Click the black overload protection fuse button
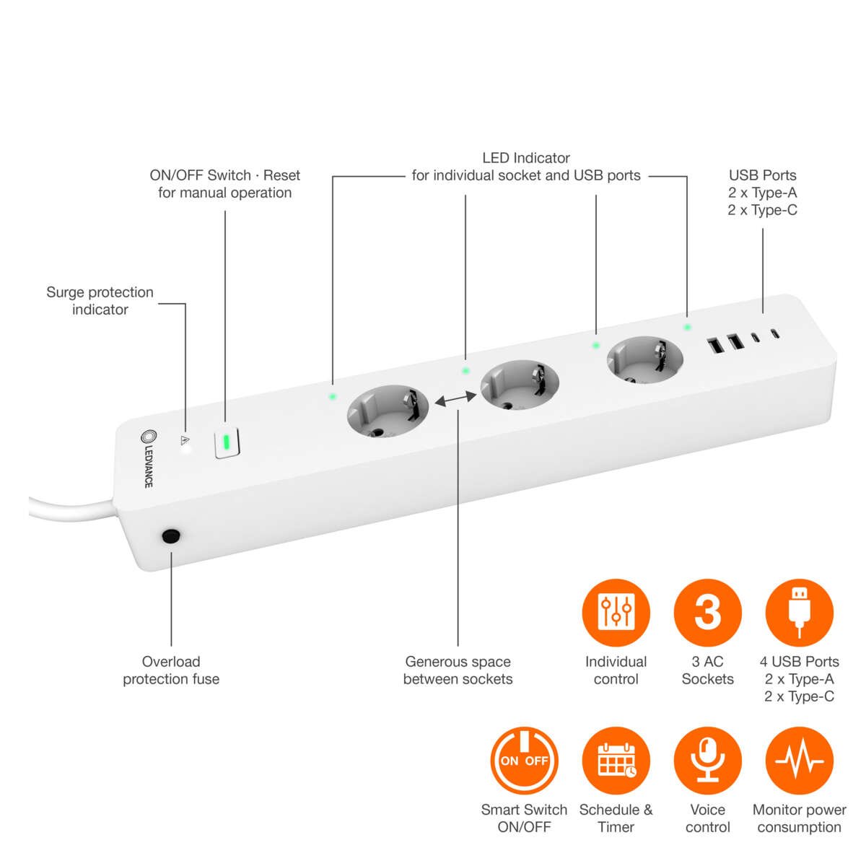[171, 536]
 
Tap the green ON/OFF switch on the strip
[227, 442]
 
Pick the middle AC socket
[520, 386]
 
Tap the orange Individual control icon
[616, 612]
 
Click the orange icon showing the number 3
[707, 612]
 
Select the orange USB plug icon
[799, 612]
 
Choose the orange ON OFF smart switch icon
[525, 761]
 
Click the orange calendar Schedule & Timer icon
[616, 761]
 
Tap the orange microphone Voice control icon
[707, 761]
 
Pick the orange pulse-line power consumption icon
[799, 761]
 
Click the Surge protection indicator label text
[100, 301]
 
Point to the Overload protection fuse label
[171, 670]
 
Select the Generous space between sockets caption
[458, 670]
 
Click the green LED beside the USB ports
[687, 327]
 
